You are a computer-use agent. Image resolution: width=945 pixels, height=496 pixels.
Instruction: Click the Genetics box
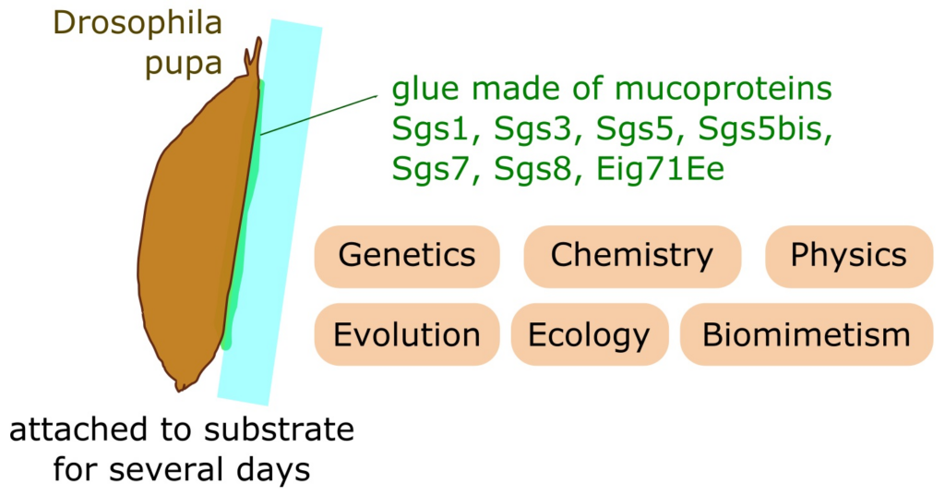click(407, 257)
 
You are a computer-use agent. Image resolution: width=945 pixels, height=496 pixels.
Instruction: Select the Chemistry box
click(632, 257)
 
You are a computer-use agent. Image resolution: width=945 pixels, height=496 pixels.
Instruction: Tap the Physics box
click(849, 257)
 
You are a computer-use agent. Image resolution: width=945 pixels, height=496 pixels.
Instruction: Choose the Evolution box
click(407, 334)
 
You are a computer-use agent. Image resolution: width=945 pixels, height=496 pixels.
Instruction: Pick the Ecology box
click(590, 334)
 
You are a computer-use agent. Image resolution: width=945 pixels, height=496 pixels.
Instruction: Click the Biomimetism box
click(807, 334)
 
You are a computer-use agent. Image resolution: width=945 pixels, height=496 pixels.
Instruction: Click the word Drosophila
click(138, 24)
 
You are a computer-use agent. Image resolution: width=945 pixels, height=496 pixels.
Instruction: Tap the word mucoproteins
click(724, 90)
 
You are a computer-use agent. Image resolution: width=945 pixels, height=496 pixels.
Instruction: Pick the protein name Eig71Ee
click(660, 169)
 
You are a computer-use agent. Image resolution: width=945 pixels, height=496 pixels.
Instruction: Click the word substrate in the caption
click(279, 430)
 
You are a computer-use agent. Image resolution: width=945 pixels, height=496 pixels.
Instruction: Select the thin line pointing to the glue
click(318, 115)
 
